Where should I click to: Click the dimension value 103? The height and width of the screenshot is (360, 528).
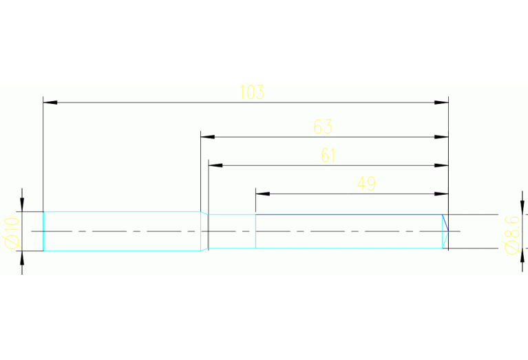click(252, 92)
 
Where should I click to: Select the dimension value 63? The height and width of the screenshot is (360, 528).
click(323, 127)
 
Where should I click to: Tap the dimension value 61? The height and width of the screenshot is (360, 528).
click(328, 156)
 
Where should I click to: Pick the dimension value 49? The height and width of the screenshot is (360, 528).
click(366, 183)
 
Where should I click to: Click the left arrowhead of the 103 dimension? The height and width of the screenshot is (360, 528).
click(50, 103)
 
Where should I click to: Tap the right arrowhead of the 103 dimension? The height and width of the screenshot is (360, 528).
click(441, 103)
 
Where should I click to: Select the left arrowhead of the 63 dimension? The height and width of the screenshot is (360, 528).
click(207, 137)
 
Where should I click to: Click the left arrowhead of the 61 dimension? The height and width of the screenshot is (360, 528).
click(215, 165)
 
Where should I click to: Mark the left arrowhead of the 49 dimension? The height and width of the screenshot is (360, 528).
click(262, 193)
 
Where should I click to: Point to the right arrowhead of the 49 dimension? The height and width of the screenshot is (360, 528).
click(441, 193)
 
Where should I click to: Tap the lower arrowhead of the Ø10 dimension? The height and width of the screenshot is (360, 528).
click(22, 258)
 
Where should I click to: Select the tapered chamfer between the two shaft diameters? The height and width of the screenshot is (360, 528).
click(204, 231)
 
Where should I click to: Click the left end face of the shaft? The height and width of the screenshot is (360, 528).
click(44, 231)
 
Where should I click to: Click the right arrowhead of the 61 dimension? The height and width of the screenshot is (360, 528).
click(441, 165)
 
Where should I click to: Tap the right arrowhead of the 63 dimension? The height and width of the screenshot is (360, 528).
click(441, 137)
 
